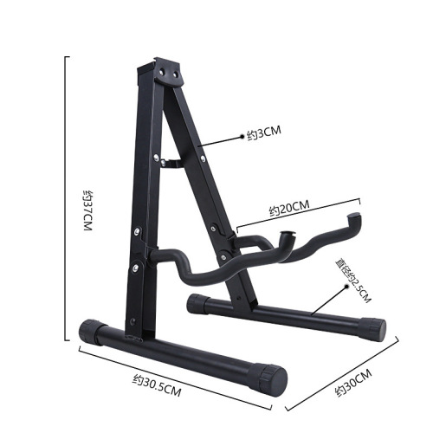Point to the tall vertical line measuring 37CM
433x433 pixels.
[x=68, y=199]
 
